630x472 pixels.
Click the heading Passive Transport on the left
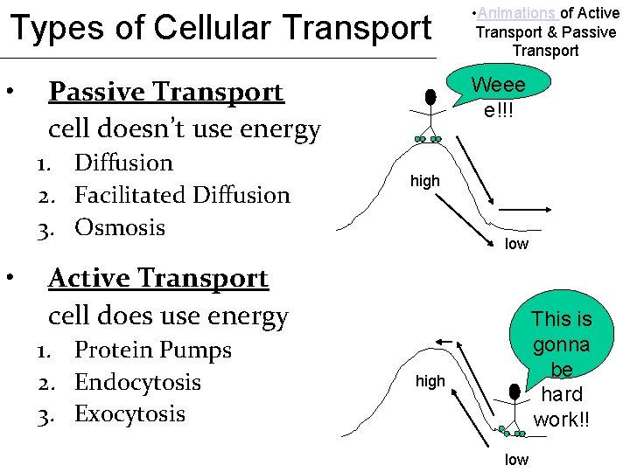pos(166,92)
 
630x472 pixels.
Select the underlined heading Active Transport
pos(158,278)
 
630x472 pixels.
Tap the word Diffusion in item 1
pos(124,163)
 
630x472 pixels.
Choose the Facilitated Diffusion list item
pos(182,195)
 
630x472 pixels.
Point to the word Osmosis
pos(120,227)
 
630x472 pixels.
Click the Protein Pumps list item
pos(153,350)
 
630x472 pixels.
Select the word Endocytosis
pos(137,382)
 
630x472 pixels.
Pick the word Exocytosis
pos(130,413)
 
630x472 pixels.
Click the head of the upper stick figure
pos(430,98)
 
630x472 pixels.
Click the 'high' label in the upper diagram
pos(425,182)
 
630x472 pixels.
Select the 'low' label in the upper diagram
pos(516,244)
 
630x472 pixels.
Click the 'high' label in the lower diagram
pos(430,381)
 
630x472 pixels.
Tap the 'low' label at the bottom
pos(516,460)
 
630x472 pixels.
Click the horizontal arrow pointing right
pos(524,210)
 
